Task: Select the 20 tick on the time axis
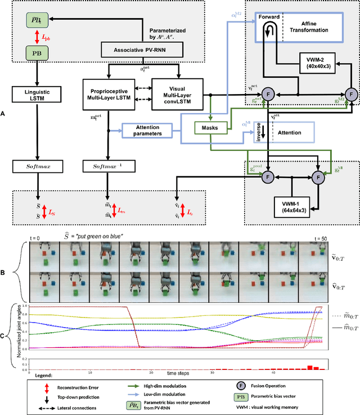pyautogui.click(x=151, y=372)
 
